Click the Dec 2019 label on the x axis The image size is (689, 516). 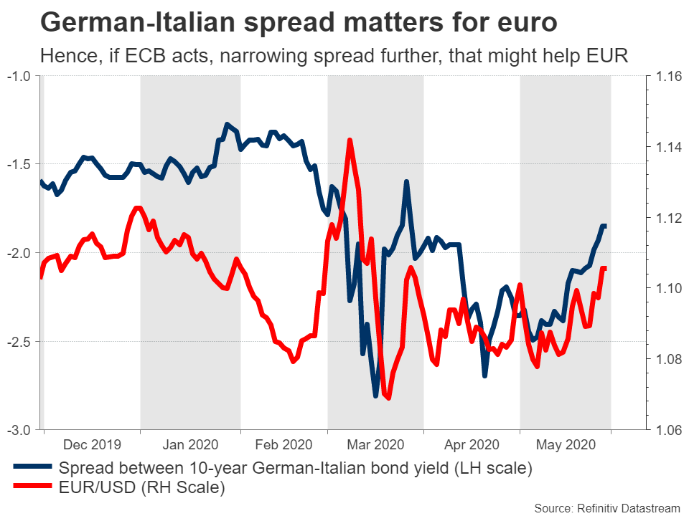[91, 444]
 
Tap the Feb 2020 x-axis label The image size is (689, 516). [283, 444]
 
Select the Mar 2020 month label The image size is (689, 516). [375, 444]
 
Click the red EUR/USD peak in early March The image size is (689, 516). [350, 140]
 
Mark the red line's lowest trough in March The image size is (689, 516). [388, 398]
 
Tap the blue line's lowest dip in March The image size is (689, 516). [375, 395]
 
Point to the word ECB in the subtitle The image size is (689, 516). [128, 56]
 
